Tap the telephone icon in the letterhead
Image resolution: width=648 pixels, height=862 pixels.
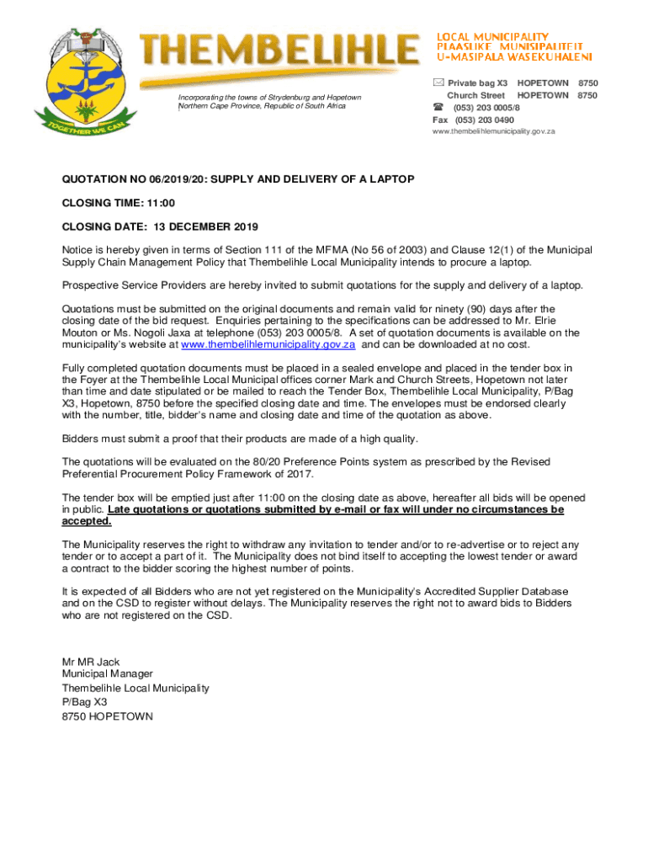tap(438, 108)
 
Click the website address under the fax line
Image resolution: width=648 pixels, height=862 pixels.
tap(488, 131)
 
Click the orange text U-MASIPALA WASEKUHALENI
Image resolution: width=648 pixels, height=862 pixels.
tap(513, 57)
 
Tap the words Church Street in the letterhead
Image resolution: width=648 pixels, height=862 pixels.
tap(475, 96)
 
